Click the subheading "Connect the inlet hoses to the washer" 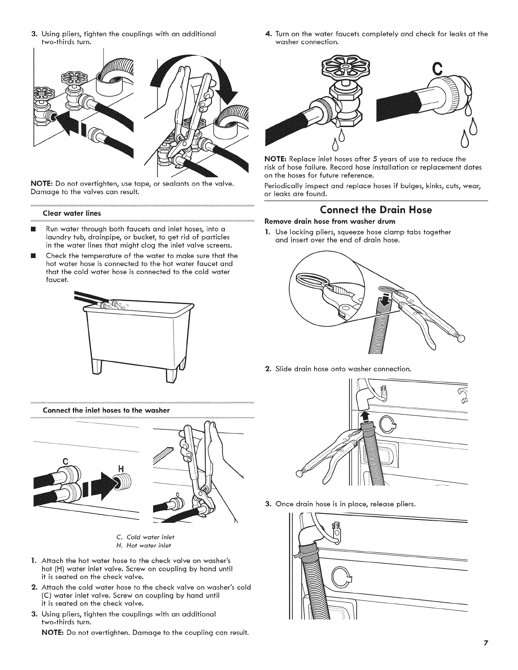(x=107, y=410)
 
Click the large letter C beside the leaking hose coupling (x=438, y=69)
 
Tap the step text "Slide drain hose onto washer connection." (x=342, y=368)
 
